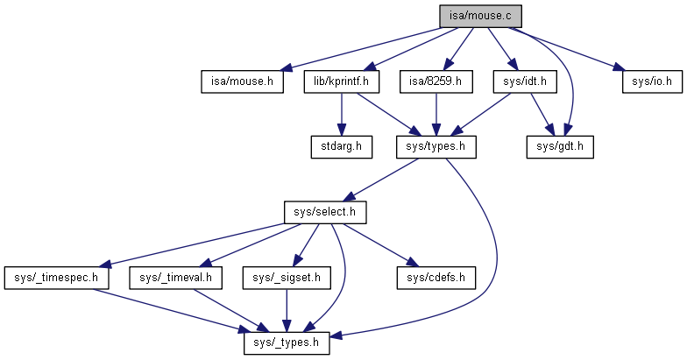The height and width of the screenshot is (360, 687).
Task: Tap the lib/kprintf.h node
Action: [x=341, y=81]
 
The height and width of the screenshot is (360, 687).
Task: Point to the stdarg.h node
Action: [x=341, y=147]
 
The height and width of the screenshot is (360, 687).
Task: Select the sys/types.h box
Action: [x=436, y=147]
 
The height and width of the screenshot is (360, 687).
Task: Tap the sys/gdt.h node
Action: [x=560, y=147]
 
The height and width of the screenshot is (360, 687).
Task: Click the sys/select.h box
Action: [x=324, y=213]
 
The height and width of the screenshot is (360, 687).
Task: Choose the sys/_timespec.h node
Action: [x=56, y=278]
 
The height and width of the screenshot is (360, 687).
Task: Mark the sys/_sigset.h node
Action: [x=286, y=278]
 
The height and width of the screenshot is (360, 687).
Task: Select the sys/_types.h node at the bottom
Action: [x=286, y=343]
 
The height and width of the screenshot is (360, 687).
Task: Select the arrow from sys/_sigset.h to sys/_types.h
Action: [x=286, y=310]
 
